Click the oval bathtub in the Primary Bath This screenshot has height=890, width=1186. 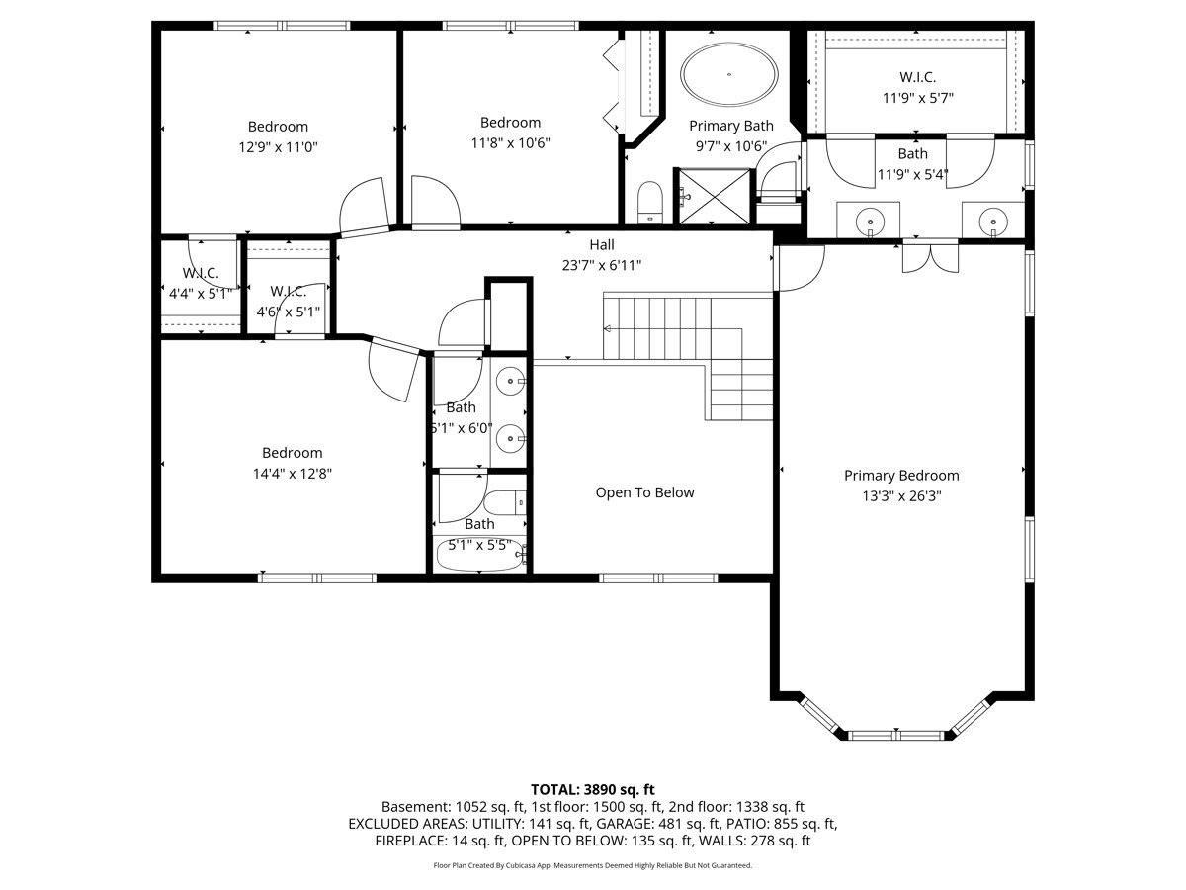[730, 74]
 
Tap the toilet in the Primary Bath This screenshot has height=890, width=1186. [650, 203]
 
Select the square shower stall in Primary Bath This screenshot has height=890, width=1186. [713, 196]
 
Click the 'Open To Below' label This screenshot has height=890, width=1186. [644, 492]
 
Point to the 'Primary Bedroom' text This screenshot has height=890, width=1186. [901, 476]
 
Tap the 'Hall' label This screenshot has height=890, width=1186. [602, 244]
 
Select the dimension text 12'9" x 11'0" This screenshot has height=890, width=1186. [278, 147]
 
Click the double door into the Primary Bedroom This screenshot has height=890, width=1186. [930, 256]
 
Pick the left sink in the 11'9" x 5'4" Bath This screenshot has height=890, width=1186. [870, 221]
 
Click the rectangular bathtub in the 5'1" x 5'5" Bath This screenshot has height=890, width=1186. [479, 555]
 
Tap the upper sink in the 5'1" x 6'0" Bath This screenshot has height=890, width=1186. [510, 378]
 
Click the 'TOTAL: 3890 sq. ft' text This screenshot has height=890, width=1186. [593, 789]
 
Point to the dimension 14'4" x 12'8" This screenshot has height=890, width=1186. [292, 474]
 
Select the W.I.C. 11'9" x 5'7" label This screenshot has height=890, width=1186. [917, 87]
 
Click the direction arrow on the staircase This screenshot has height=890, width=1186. [608, 329]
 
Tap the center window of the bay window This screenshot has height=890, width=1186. [897, 735]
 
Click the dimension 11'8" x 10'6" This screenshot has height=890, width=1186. [510, 143]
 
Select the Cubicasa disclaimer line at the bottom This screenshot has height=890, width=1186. [593, 865]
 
